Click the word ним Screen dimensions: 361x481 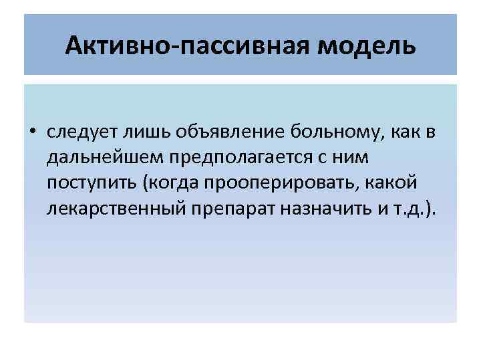[332, 157]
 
